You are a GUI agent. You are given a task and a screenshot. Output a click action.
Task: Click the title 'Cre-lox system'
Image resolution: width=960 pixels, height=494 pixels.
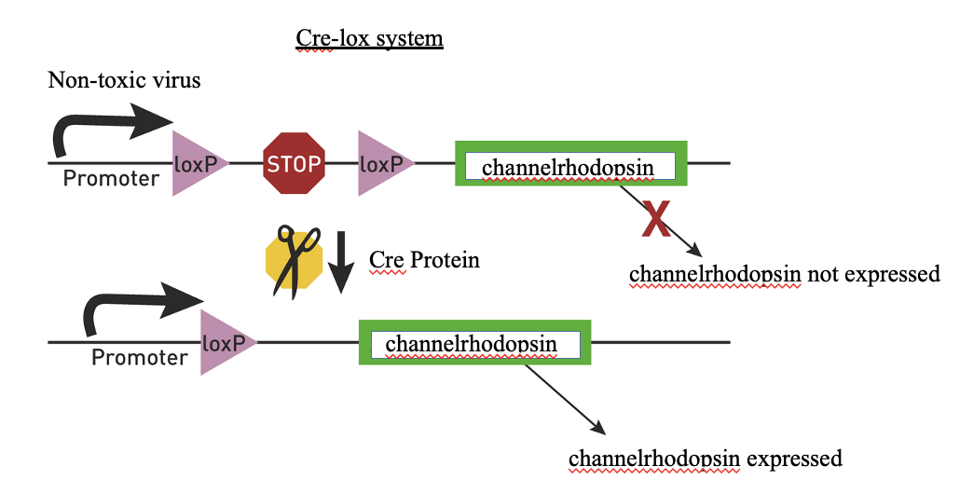369,38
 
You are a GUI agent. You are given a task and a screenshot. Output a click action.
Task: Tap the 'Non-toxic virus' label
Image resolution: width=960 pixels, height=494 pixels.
124,80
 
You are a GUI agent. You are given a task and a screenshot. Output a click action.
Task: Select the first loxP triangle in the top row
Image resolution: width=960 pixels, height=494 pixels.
193,164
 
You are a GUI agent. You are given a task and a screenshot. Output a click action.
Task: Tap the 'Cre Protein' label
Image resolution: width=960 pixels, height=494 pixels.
424,259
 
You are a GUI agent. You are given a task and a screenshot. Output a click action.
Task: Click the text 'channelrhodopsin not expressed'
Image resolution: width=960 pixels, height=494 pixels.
784,274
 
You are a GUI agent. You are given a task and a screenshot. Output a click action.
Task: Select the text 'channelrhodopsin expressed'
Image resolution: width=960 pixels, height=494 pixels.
705,459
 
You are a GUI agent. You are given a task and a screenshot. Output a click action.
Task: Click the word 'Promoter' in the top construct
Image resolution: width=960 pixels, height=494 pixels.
111,178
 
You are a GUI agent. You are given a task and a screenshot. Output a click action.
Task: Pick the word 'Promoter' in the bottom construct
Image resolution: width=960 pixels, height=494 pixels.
139,357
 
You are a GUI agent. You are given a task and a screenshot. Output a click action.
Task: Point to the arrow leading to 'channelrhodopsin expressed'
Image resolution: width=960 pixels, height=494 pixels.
564,399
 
